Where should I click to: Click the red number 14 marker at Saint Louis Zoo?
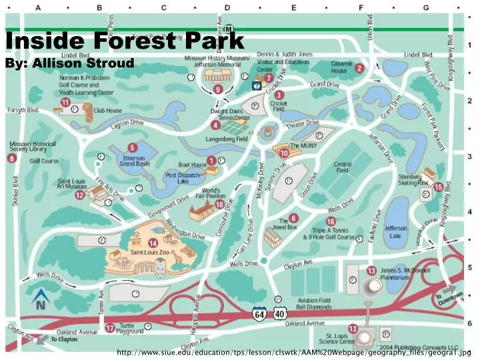153,243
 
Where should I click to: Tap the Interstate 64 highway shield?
259,313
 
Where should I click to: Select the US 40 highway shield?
279,313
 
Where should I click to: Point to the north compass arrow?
39,298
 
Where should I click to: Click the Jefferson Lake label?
395,231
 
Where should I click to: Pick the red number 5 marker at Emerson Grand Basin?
133,148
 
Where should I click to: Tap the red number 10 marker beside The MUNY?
284,153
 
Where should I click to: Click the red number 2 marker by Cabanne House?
359,68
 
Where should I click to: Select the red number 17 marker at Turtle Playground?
109,328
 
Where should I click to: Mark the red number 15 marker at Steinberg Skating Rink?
438,187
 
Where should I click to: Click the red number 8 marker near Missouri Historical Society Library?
11,158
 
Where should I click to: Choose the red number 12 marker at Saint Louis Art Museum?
80,195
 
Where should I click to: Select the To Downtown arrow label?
448,298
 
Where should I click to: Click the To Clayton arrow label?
64,339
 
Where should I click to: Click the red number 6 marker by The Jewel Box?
293,218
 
